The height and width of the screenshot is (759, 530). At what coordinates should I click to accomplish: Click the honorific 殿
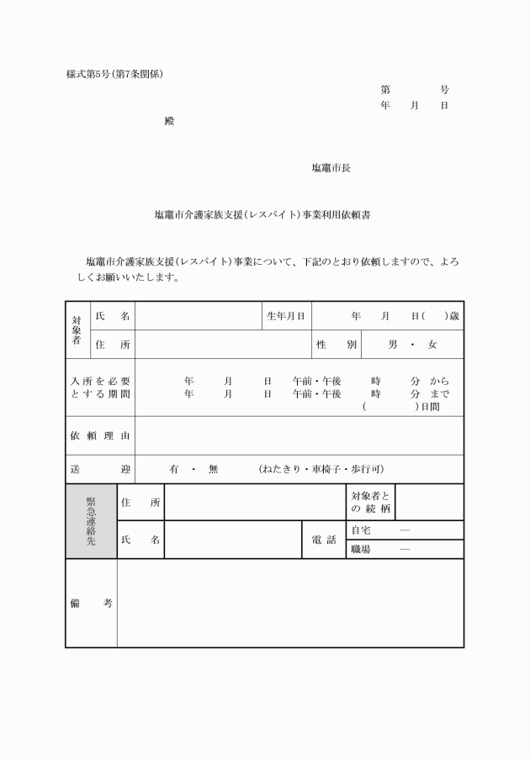click(169, 121)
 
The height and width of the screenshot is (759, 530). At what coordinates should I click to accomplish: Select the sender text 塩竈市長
click(331, 168)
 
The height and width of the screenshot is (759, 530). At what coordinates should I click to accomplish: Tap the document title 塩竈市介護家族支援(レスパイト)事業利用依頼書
click(263, 215)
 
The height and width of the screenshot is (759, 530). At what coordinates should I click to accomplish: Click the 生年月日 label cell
click(285, 316)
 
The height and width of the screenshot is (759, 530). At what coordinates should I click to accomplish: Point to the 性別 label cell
click(337, 345)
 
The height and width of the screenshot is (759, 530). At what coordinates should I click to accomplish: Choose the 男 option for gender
click(393, 345)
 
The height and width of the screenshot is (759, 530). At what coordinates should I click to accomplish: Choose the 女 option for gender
click(432, 345)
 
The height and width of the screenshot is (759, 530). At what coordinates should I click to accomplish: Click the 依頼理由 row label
click(99, 435)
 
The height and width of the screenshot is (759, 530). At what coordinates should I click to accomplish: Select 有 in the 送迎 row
click(174, 469)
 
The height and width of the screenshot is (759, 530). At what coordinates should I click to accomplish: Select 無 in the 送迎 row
click(213, 469)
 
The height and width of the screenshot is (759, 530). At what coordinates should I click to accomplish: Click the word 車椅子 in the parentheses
click(324, 469)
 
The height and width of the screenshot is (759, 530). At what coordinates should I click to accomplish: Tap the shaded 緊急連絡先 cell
click(91, 521)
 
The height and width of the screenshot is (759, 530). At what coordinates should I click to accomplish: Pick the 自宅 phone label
click(361, 530)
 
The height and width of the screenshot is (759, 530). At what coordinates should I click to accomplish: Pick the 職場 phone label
click(361, 550)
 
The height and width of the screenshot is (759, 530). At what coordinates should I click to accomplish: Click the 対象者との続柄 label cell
click(370, 503)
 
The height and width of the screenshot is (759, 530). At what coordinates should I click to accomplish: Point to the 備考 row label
click(91, 603)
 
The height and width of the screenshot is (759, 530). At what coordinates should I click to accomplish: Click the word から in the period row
click(439, 381)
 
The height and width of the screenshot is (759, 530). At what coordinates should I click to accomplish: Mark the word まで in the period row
click(439, 393)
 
